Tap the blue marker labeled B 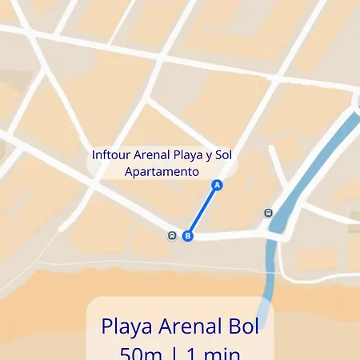(188, 236)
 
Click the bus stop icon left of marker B (172, 236)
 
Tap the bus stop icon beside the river (268, 214)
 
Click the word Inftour (112, 154)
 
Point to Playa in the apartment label (189, 154)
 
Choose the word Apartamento (162, 171)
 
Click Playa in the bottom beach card (124, 327)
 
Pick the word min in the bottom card (219, 352)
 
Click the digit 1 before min (190, 352)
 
